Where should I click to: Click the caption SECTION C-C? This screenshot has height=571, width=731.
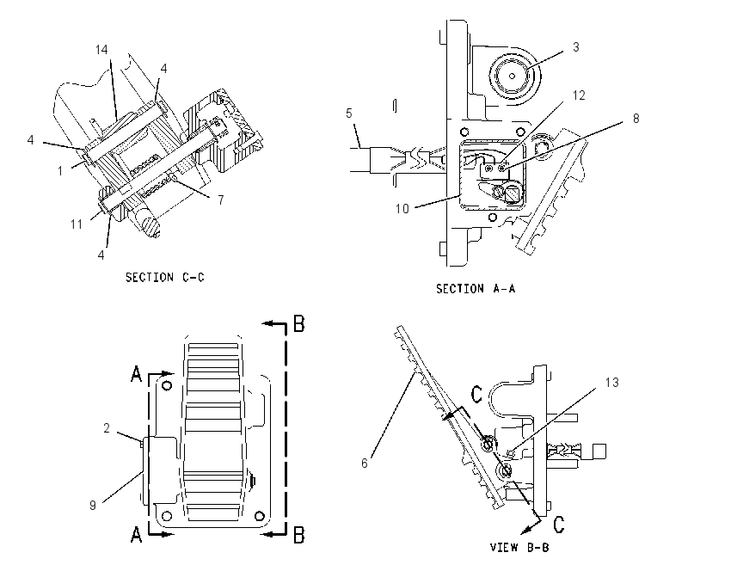[164, 278]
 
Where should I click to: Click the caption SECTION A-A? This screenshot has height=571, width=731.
[476, 289]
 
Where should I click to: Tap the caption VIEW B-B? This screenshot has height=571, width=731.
[519, 547]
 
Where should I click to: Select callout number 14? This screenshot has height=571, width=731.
[101, 49]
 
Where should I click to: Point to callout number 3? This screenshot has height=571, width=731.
[575, 47]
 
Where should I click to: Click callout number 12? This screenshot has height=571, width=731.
[579, 95]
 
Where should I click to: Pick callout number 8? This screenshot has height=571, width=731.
[636, 119]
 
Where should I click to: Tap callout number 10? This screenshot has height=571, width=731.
[402, 208]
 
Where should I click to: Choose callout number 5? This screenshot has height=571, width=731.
[349, 114]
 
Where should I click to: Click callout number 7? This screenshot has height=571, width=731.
[220, 200]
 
